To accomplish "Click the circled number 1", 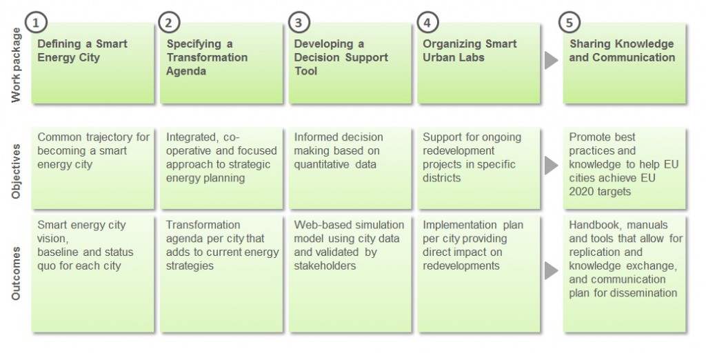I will (x=35, y=22).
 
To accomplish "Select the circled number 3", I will (x=298, y=22).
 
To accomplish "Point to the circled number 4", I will (x=427, y=22).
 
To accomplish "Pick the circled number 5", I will (x=569, y=22).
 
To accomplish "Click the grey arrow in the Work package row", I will (x=550, y=61).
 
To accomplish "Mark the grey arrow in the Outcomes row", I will (x=550, y=270).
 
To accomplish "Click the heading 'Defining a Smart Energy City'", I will (x=82, y=50).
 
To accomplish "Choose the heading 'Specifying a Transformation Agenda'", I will (x=207, y=57).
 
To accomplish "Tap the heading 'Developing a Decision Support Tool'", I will (x=341, y=57).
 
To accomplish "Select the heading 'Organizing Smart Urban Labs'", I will (x=470, y=50).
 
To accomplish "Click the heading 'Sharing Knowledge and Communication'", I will (x=622, y=50).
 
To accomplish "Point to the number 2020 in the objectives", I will (x=583, y=192).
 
